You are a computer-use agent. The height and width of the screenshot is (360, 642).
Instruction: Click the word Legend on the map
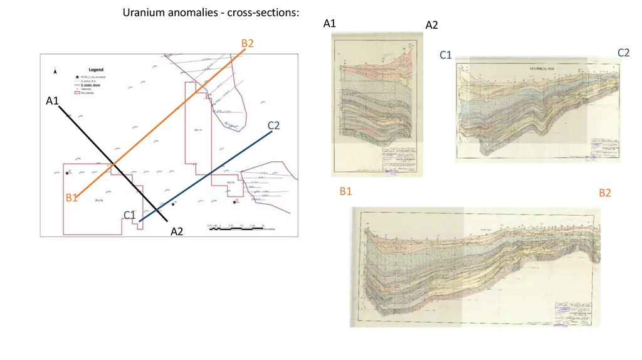pos(95,70)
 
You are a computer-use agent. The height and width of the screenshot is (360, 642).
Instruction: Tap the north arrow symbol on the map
pos(55,71)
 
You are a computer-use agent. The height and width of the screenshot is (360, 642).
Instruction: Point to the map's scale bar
pos(236,228)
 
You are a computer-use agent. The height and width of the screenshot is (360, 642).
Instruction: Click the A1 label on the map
pos(52,100)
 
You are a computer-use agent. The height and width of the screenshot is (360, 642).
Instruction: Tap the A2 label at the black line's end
pos(177,231)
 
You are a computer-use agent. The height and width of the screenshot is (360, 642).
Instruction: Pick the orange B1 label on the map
pos(71,198)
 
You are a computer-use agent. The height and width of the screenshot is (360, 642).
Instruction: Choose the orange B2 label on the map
pos(247,43)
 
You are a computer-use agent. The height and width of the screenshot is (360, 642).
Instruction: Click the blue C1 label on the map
pos(130,215)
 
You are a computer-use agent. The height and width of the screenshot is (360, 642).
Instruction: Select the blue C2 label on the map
pos(273,125)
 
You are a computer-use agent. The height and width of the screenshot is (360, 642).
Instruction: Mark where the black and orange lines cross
pos(113,164)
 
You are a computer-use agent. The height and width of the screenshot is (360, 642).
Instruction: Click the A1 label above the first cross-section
pos(330,24)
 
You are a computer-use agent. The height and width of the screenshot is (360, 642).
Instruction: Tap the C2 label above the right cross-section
pos(623,53)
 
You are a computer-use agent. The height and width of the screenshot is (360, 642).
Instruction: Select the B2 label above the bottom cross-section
pos(604,193)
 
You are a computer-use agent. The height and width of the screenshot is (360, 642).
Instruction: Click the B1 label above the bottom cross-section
pos(345,191)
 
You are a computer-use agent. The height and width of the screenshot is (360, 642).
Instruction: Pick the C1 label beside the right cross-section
pos(446,55)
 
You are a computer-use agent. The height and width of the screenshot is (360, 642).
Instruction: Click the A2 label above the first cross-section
pos(431,25)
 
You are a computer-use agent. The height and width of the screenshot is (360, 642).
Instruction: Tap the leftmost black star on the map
pos(67,172)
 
